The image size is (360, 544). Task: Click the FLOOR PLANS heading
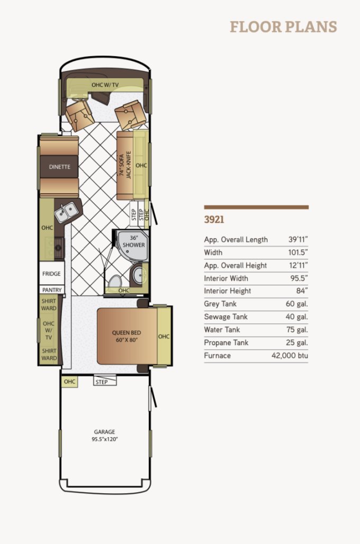click(283, 27)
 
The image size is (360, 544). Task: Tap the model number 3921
click(214, 219)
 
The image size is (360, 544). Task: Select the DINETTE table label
click(60, 167)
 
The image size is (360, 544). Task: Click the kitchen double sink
click(66, 212)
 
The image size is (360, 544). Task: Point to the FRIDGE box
click(52, 274)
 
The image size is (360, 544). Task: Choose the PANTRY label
click(52, 289)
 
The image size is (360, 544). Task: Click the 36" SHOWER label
click(133, 241)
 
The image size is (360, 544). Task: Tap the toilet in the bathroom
click(114, 282)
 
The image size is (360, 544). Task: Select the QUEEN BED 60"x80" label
click(127, 336)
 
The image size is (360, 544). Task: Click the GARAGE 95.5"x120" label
click(104, 436)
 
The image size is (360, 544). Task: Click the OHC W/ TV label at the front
click(105, 85)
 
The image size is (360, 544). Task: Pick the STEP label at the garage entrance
click(102, 382)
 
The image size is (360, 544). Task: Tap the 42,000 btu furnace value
click(290, 356)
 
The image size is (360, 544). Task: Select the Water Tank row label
click(222, 330)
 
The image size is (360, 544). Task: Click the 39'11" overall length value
click(298, 239)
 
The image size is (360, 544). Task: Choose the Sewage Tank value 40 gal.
click(297, 317)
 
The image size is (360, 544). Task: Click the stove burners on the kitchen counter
click(58, 247)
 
